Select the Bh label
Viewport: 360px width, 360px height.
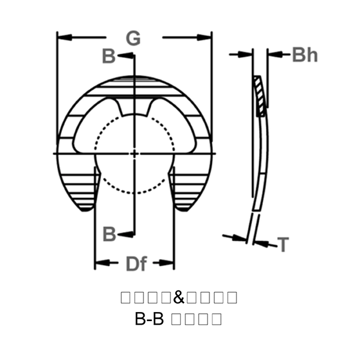tap(305, 56)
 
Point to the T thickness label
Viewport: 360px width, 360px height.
tap(283, 244)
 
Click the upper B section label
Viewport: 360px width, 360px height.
tap(109, 57)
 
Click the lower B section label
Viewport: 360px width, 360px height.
tap(109, 234)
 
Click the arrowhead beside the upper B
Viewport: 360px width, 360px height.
tap(127, 56)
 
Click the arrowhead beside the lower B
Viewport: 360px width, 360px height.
tap(127, 233)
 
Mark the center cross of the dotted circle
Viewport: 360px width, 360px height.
tap(134, 154)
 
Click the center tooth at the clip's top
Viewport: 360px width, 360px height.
tap(134, 107)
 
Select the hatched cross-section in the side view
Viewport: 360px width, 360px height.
tap(259, 96)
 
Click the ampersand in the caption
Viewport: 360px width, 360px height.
tap(179, 297)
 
